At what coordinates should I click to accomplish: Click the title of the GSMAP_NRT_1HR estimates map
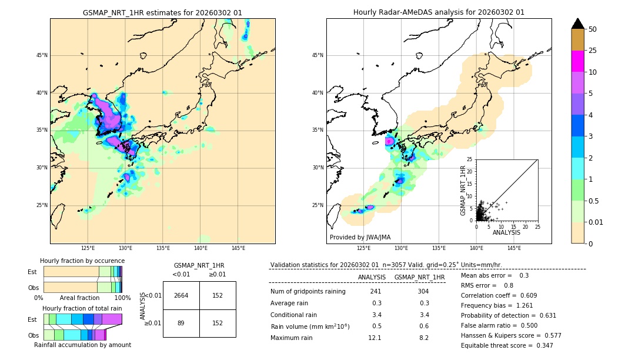coord(162,12)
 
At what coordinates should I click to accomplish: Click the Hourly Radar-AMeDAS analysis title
coord(439,12)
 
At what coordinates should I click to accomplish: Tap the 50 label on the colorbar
coord(593,29)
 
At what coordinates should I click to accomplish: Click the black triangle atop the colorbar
coord(578,24)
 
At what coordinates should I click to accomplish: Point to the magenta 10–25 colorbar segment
coord(578,61)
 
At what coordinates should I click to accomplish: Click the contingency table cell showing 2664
coord(181,295)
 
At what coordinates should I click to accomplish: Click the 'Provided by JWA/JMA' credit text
coord(360,237)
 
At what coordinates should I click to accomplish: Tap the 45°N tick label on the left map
coord(42,55)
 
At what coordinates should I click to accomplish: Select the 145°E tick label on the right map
coord(514,248)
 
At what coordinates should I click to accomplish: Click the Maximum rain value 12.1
coord(375,338)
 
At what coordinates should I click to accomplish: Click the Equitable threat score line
coord(507,345)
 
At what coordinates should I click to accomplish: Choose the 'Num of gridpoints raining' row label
coord(308,291)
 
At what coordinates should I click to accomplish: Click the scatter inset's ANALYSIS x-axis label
coord(506,232)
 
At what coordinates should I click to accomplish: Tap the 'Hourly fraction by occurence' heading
coord(82,261)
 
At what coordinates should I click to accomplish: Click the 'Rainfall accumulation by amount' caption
coord(82,345)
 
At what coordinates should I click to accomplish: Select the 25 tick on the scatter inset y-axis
coord(469,159)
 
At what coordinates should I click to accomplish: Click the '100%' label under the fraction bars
coord(122,298)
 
